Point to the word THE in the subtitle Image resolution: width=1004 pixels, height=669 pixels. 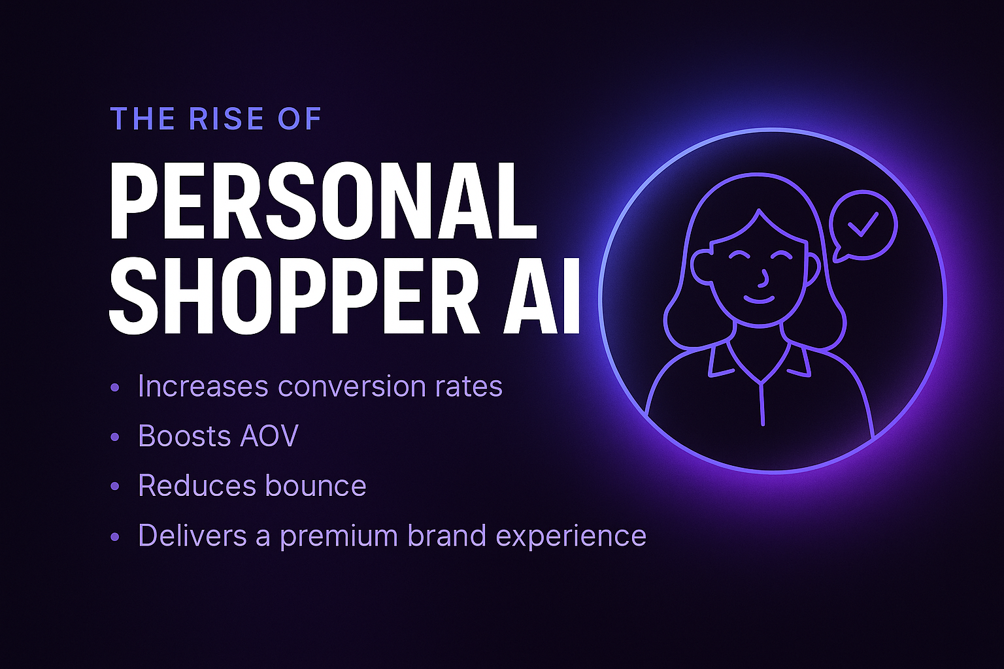pyautogui.click(x=142, y=119)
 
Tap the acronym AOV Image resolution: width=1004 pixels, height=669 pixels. pyautogui.click(x=269, y=436)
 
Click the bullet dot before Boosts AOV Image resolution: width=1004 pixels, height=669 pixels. pyautogui.click(x=115, y=436)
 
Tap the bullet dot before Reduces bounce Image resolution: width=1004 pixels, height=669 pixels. pyautogui.click(x=115, y=486)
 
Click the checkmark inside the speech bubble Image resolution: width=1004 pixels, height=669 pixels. pyautogui.click(x=863, y=225)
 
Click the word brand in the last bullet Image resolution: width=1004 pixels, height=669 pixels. pyautogui.click(x=446, y=535)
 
